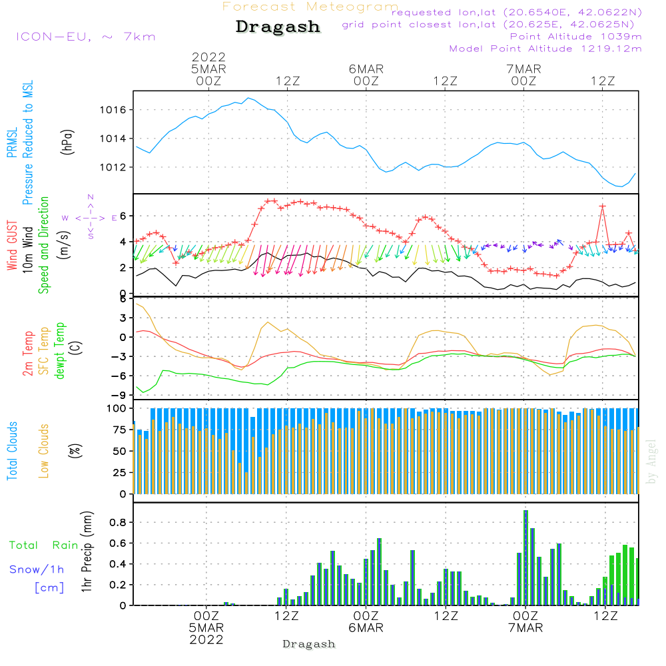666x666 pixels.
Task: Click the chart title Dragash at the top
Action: point(278,27)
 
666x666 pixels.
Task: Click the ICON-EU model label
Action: point(85,37)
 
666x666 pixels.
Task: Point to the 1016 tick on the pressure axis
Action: point(115,110)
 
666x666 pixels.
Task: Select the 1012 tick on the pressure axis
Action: point(115,167)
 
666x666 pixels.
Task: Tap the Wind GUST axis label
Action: point(13,247)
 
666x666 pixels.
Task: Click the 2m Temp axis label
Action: point(27,351)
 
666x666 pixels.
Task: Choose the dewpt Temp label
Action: point(60,351)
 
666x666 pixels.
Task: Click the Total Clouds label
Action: point(13,451)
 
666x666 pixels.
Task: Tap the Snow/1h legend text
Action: point(37,569)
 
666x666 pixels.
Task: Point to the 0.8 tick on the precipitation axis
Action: point(117,523)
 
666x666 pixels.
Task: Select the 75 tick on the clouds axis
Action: point(120,430)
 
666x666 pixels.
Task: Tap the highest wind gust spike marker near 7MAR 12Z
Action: point(603,206)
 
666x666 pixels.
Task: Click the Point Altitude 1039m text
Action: point(575,36)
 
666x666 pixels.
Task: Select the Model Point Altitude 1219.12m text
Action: point(545,49)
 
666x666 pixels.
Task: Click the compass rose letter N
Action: point(91,196)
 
